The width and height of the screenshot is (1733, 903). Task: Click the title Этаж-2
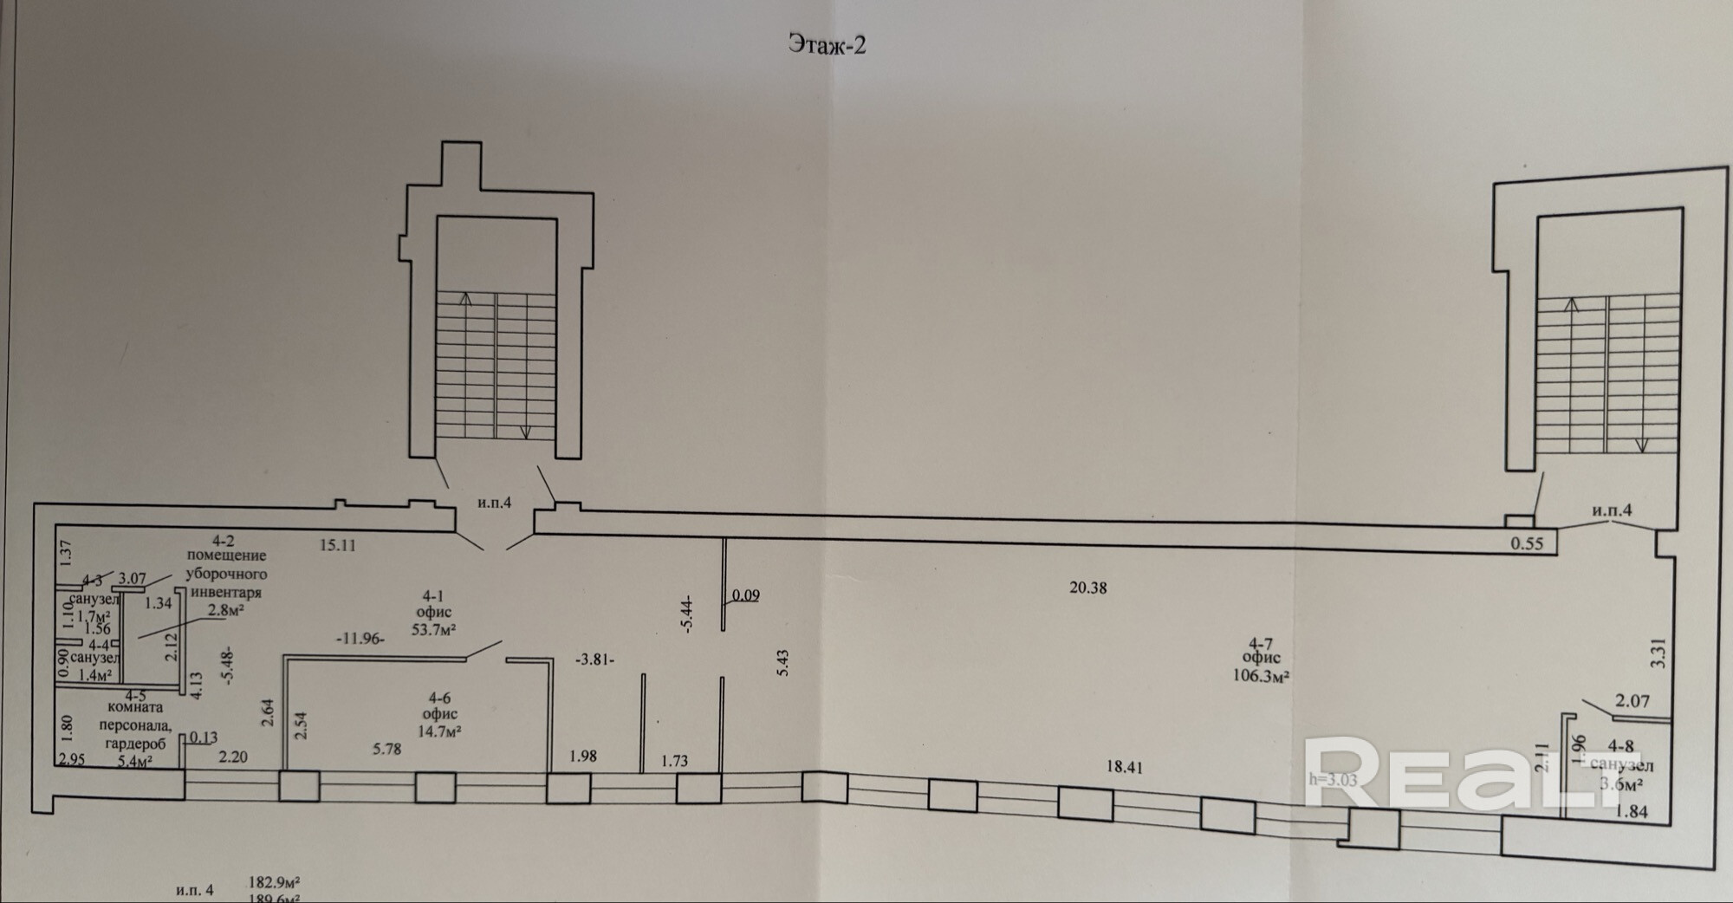pyautogui.click(x=827, y=44)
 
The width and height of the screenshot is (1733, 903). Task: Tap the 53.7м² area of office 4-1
pyautogui.click(x=433, y=630)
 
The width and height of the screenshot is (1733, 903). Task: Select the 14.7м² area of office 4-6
pyautogui.click(x=439, y=731)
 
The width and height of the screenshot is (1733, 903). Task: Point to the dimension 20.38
pyautogui.click(x=1087, y=588)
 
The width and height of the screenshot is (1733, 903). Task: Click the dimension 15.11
pyautogui.click(x=337, y=545)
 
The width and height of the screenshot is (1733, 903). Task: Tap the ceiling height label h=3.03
pyautogui.click(x=1332, y=779)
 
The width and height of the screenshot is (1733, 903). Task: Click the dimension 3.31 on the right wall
pyautogui.click(x=1658, y=652)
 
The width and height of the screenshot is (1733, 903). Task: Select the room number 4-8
pyautogui.click(x=1620, y=746)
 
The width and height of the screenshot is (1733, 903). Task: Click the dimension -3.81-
pyautogui.click(x=594, y=659)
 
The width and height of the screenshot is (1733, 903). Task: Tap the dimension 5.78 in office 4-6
pyautogui.click(x=386, y=749)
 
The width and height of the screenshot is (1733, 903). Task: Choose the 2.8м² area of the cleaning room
pyautogui.click(x=224, y=610)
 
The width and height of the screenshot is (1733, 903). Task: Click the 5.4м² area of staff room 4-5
pyautogui.click(x=134, y=762)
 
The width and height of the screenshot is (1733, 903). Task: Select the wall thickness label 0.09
pyautogui.click(x=745, y=595)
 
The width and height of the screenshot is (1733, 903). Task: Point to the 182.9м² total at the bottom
pyautogui.click(x=274, y=883)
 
